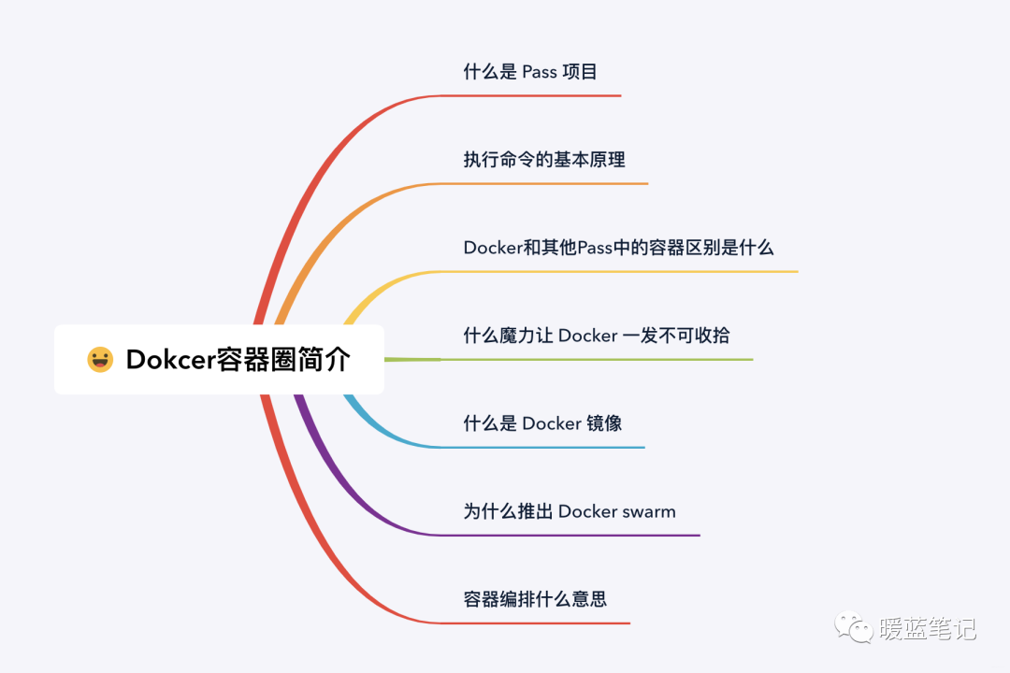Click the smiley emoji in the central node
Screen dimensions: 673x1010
100,360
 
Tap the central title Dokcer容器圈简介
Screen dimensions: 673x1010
238,360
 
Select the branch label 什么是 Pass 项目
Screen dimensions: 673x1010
530,72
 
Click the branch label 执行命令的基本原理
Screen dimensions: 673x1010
544,160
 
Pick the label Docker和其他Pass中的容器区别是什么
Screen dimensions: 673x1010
619,248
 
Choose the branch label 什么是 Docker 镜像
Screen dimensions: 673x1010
542,423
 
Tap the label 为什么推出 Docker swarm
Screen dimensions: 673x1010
570,511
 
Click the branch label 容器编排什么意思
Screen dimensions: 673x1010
535,599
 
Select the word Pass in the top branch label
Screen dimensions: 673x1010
539,72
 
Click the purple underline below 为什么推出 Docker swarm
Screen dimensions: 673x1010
570,536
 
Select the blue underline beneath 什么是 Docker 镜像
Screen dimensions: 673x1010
542,448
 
